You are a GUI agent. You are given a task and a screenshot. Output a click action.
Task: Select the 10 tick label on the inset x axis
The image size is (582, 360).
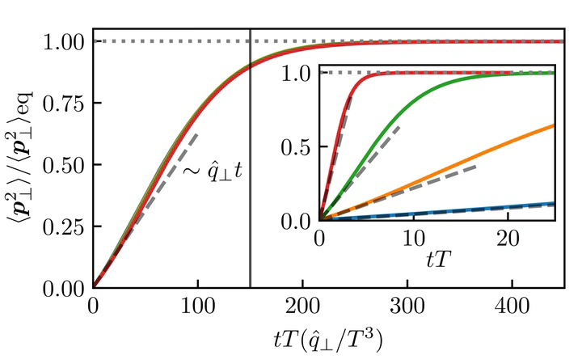[x=413, y=239]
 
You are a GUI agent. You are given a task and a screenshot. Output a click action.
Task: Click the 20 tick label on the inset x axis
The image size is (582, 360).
[x=507, y=239]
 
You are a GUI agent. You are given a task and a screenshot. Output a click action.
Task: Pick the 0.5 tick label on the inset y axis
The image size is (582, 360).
[x=299, y=146]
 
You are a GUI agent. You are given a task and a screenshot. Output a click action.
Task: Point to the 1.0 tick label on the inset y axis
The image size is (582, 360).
[x=299, y=73]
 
